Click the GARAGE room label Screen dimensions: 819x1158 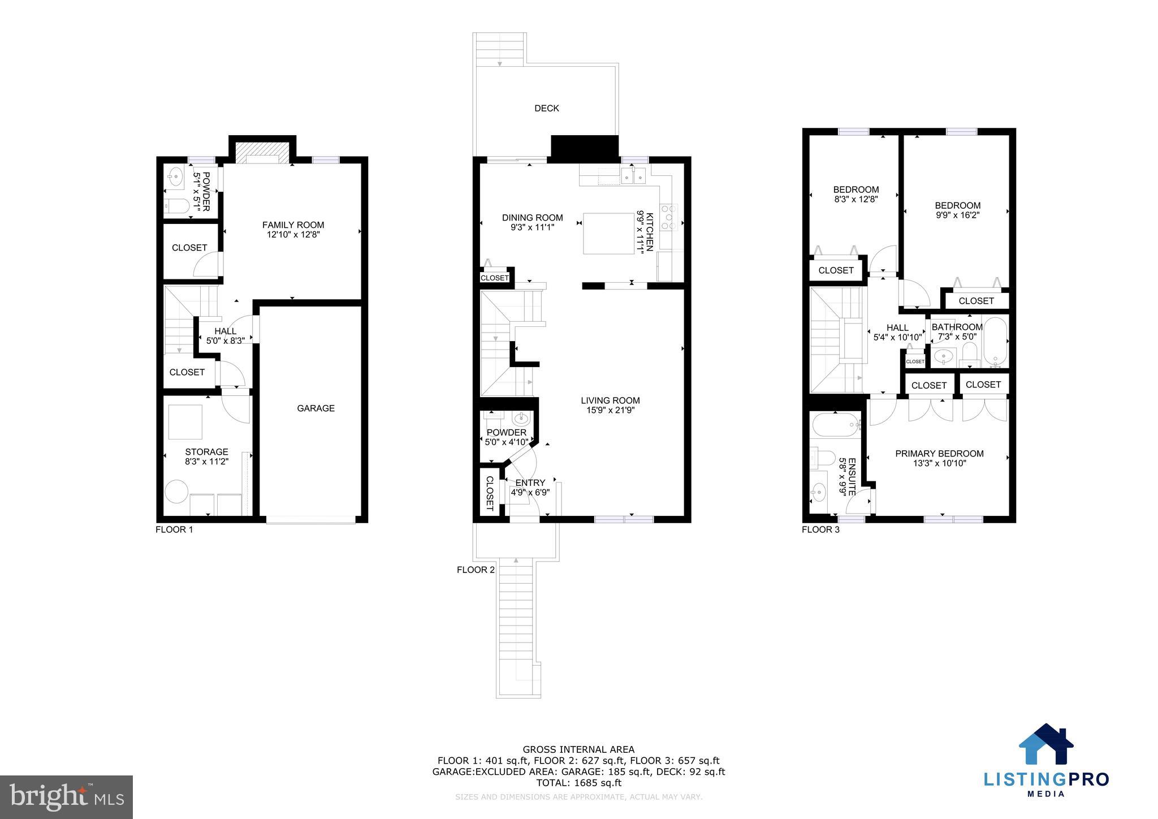316,408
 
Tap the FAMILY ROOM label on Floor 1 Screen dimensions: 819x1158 293,225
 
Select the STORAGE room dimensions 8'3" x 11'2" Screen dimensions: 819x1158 206,462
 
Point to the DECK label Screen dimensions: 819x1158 546,108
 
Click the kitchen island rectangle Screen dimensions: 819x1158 608,234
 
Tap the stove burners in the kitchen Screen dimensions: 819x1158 669,218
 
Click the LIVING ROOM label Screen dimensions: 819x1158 610,400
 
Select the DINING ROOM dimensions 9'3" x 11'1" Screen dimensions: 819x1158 532,227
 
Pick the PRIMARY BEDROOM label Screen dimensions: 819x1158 939,453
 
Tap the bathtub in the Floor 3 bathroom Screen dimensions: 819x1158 995,342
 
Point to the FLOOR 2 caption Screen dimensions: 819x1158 476,570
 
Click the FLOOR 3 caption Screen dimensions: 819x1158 820,529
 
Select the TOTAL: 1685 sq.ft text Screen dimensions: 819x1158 578,783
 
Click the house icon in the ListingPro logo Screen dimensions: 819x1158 1046,744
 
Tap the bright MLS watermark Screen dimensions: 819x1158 66,797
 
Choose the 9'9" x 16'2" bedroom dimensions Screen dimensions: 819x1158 957,215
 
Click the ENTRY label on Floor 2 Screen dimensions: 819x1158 530,482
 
